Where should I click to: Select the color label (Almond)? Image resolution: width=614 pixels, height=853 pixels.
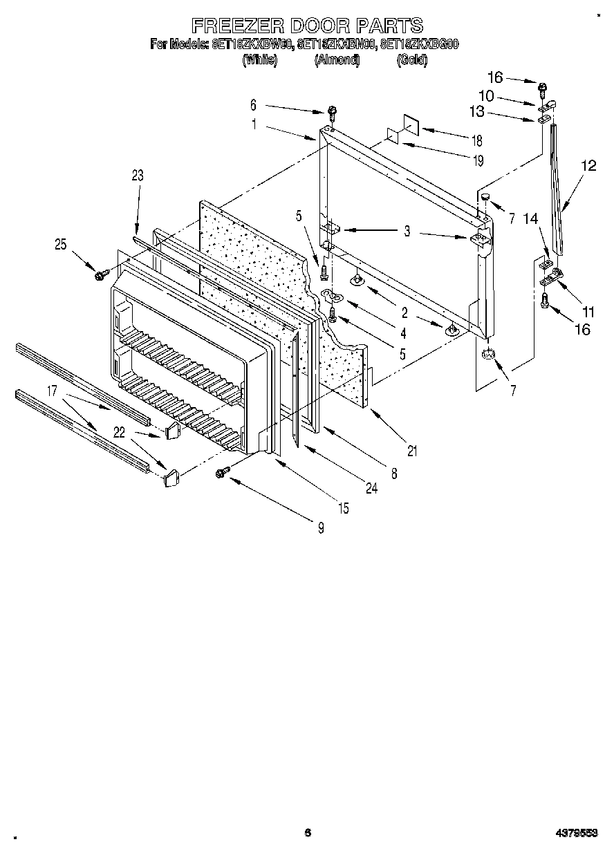pyautogui.click(x=337, y=60)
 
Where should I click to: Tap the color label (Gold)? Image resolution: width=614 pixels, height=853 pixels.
pyautogui.click(x=412, y=60)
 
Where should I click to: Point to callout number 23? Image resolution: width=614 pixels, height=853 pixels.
pyautogui.click(x=137, y=176)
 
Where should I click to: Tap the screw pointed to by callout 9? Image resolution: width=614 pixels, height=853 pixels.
pyautogui.click(x=223, y=472)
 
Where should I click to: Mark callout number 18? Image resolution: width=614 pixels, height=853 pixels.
pyautogui.click(x=476, y=140)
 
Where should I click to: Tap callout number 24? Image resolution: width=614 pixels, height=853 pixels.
pyautogui.click(x=372, y=488)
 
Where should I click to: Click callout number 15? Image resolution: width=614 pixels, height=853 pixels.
pyautogui.click(x=342, y=509)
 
